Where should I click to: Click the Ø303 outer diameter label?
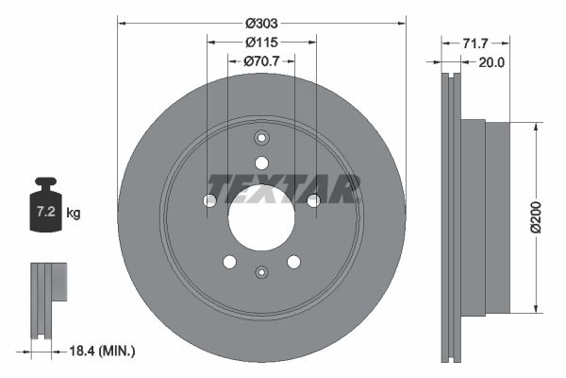point(261,22)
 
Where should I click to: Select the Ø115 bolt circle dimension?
point(261,43)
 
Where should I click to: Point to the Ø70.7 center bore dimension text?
point(261,61)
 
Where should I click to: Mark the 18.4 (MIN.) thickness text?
point(104,351)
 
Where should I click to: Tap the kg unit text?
point(74,214)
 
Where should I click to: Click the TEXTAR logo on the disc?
point(283,189)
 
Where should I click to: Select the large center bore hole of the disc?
point(261,217)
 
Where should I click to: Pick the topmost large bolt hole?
point(261,163)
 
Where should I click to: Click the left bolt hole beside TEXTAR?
point(209,200)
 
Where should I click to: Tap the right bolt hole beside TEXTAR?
point(313,200)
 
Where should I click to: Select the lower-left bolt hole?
point(229,262)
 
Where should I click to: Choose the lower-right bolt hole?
point(293,262)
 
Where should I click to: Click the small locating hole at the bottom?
point(261,272)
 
